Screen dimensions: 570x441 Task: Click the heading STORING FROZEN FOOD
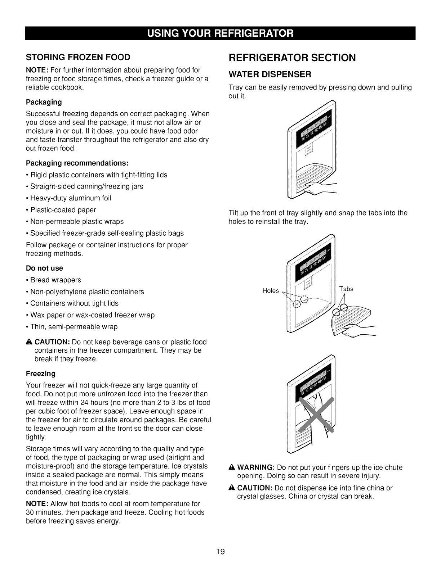(x=77, y=58)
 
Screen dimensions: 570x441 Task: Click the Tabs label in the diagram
(x=346, y=289)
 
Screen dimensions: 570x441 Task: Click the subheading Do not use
(x=44, y=268)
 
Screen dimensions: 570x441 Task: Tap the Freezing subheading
(x=41, y=374)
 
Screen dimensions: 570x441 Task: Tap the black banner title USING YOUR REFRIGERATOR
(x=220, y=33)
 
